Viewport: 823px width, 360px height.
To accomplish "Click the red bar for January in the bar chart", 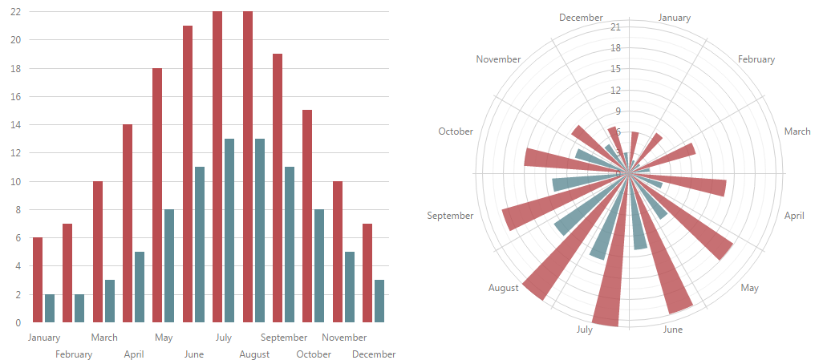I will tap(38, 280).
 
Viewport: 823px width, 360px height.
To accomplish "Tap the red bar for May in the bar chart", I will tap(157, 196).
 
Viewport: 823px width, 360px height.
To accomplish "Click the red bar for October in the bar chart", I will tap(307, 216).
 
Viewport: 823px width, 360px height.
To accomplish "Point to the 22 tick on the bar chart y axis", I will tap(16, 12).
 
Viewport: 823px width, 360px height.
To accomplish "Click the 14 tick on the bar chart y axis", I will tap(16, 125).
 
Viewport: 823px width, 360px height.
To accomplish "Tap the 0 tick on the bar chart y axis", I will tap(18, 323).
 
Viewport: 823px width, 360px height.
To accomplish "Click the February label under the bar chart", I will tap(74, 354).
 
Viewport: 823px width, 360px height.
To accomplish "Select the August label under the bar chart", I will tap(254, 354).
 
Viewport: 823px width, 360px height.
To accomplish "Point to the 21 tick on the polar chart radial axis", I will tap(616, 27).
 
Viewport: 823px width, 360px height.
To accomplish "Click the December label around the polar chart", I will tap(581, 18).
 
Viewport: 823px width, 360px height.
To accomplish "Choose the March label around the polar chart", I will tap(797, 131).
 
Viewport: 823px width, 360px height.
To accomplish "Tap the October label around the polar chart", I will tap(456, 131).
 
